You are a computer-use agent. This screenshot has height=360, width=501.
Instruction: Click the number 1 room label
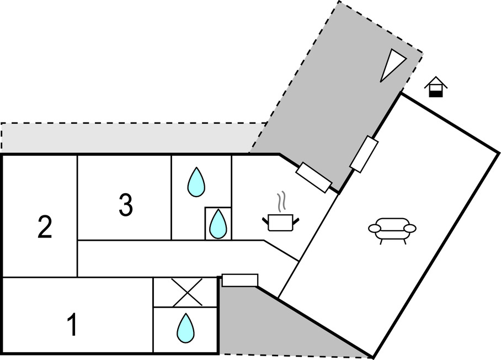pos(72,325)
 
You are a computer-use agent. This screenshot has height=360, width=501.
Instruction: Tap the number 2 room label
pos(45,227)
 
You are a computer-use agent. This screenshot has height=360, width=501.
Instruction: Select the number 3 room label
pos(126,205)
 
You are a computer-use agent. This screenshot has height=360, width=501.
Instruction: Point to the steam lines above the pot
pos(281,202)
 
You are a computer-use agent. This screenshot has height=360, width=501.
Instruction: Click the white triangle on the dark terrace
pos(392,64)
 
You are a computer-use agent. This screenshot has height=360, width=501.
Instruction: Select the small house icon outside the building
pos(436,87)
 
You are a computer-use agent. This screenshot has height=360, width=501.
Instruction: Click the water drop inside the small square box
pos(218,224)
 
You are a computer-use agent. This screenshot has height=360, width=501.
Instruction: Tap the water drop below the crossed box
pos(185,327)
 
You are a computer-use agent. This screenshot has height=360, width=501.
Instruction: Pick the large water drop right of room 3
pos(196,182)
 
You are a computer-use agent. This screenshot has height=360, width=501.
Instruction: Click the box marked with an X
pos(185,293)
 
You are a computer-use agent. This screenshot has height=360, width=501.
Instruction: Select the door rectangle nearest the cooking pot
pos(313,177)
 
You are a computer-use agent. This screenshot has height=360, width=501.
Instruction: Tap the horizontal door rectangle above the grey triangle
pos(240,280)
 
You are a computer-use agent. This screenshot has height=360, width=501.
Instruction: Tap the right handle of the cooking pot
pos(296,221)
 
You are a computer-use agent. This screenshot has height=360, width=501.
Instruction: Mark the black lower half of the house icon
pos(436,93)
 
